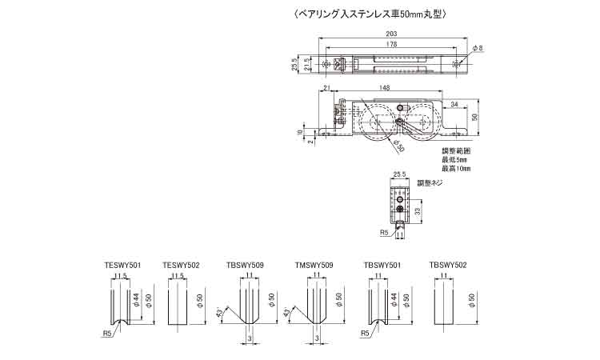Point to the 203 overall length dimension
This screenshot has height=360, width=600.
coord(392,34)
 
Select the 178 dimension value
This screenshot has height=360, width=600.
coord(392,46)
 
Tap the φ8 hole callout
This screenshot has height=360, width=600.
coord(478,49)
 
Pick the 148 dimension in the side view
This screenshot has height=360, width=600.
coord(386,88)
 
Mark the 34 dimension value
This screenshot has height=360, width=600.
coord(454,104)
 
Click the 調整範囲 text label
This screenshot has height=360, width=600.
coord(457,150)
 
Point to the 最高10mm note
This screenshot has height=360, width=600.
coord(457,170)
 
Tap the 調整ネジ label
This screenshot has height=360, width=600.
coord(430,183)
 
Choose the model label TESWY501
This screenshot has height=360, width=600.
coord(122,264)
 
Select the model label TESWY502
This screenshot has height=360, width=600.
coord(181,264)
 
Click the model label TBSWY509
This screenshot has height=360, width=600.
coord(246,264)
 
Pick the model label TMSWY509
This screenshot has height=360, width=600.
coord(314,264)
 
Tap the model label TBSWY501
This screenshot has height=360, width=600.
coord(382,264)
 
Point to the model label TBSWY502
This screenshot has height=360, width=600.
coord(449,264)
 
